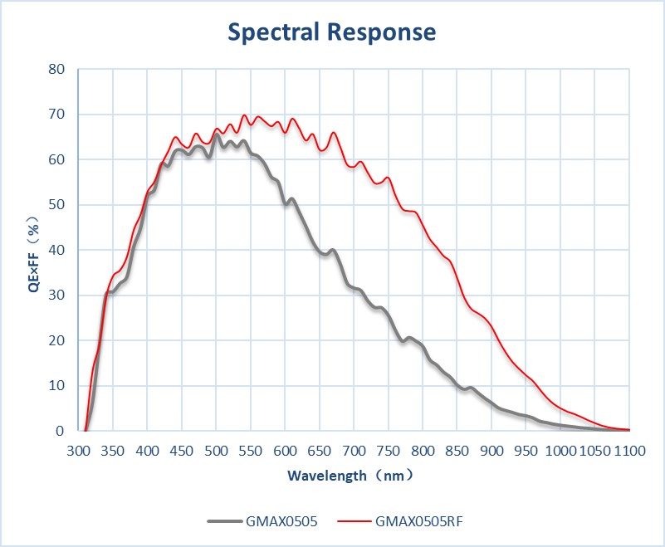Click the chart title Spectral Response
point(332,32)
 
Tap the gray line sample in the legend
point(224,521)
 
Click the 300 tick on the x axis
point(78,451)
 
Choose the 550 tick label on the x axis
point(250,451)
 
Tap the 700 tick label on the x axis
point(354,451)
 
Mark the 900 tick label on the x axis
point(491,451)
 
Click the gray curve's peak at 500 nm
point(216,135)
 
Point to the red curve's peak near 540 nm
point(244,116)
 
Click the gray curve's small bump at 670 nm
point(332,250)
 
